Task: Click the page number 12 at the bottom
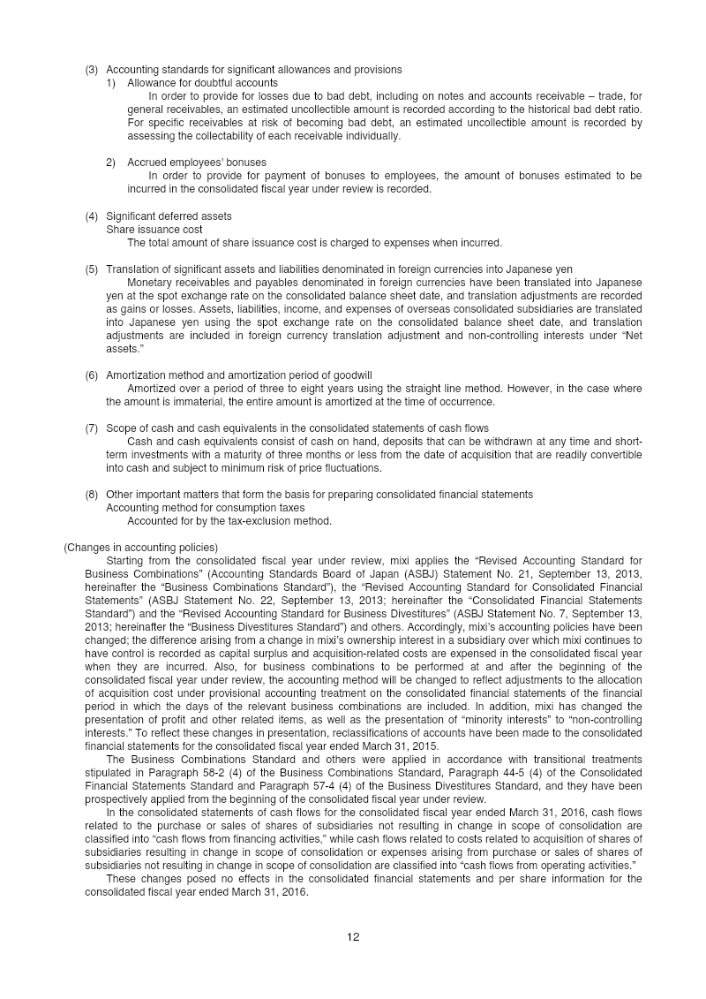(x=353, y=937)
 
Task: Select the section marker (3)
(x=92, y=70)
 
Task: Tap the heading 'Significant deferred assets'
(x=169, y=216)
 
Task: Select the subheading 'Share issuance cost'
(x=154, y=230)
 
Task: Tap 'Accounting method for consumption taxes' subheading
(x=205, y=508)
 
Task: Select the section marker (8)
(x=92, y=495)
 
